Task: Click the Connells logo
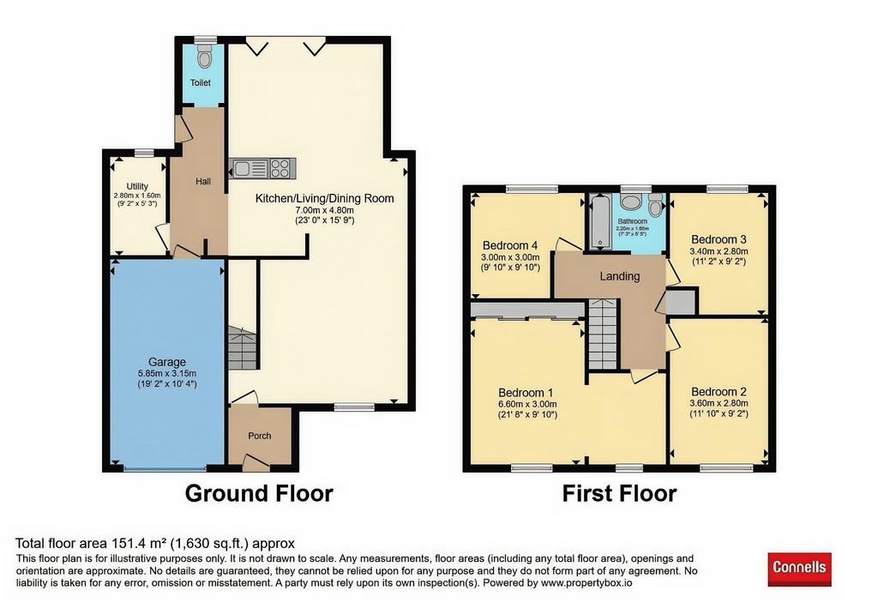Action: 799,569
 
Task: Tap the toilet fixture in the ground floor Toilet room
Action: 205,56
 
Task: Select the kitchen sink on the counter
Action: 249,168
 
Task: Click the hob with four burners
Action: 282,168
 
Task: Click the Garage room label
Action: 167,362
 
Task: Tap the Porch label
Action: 259,436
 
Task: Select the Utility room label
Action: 137,186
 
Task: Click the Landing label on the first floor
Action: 619,276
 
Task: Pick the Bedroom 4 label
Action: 510,245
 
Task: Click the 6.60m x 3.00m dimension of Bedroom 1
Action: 527,404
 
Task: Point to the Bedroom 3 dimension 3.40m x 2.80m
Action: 719,251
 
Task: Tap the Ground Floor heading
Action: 259,493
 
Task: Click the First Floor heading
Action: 619,493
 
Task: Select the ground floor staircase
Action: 243,348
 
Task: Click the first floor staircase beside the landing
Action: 603,335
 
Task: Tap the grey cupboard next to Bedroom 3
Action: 681,302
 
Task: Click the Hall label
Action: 203,182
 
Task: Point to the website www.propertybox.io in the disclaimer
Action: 586,583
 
